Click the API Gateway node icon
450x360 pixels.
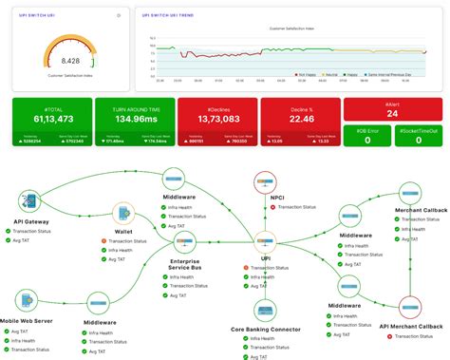point(29,202)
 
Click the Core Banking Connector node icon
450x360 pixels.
point(265,311)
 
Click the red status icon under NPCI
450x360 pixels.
point(246,209)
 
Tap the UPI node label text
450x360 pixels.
point(265,257)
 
